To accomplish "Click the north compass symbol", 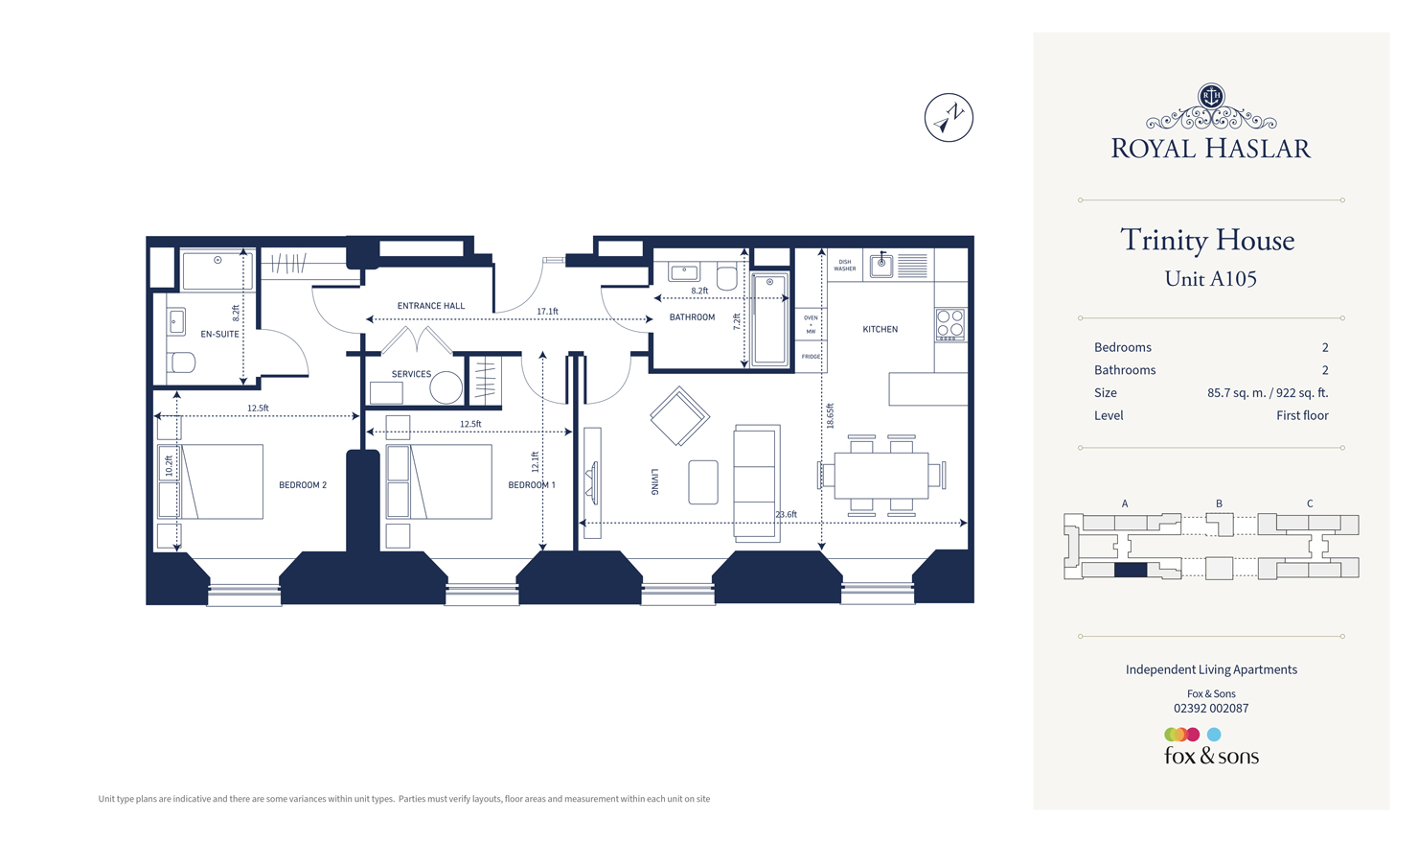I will pyautogui.click(x=949, y=118).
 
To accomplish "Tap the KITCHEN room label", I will pyautogui.click(x=880, y=329).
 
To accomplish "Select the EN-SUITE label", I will pyautogui.click(x=219, y=334).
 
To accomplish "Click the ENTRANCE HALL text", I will pyautogui.click(x=430, y=306).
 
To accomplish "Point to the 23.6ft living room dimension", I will pyautogui.click(x=786, y=515).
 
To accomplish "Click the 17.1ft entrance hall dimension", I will pyautogui.click(x=547, y=312).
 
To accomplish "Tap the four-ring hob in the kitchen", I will pyautogui.click(x=950, y=325).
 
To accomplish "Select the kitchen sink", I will pyautogui.click(x=881, y=265).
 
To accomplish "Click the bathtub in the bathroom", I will pyautogui.click(x=769, y=319).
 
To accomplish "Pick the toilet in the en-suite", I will pyautogui.click(x=181, y=363).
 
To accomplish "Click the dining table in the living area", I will pyautogui.click(x=881, y=476).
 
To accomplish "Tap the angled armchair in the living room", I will pyautogui.click(x=679, y=416).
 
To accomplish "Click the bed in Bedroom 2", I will pyautogui.click(x=221, y=481).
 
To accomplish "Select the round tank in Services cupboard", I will pyautogui.click(x=446, y=387).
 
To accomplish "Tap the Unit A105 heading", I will pyautogui.click(x=1210, y=279).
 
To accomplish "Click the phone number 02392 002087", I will pyautogui.click(x=1211, y=709).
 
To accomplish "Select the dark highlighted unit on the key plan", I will pyautogui.click(x=1131, y=571).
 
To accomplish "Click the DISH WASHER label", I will pyautogui.click(x=844, y=265).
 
